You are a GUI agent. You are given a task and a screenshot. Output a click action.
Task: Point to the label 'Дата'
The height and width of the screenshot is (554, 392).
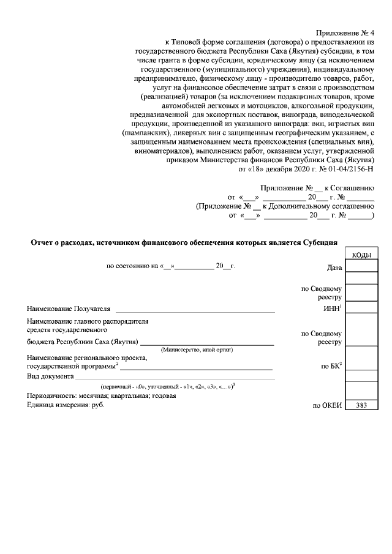[334, 268]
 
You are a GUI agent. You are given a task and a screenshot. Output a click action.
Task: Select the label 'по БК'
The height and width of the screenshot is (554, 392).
[331, 366]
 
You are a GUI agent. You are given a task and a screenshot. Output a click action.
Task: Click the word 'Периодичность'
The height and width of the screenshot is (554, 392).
[50, 395]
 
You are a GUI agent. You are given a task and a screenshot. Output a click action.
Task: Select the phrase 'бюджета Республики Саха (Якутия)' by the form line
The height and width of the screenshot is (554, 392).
[83, 342]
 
